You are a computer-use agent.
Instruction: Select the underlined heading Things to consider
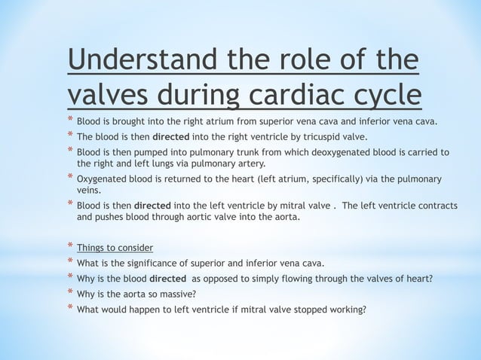point(115,248)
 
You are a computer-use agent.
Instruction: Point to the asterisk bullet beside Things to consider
point(70,247)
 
